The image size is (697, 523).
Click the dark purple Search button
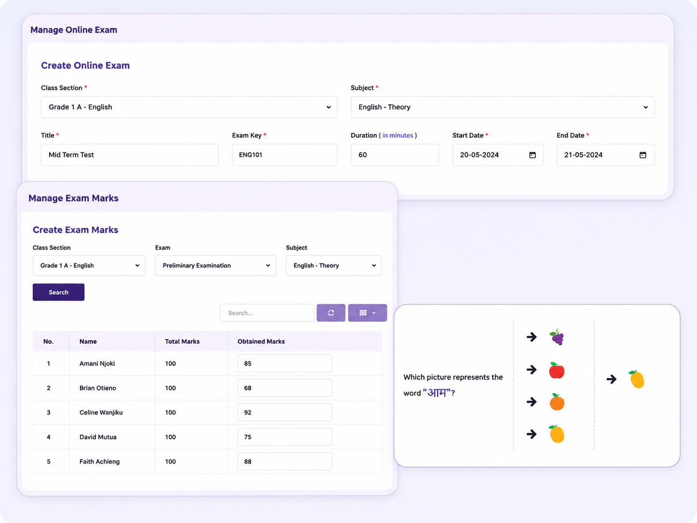coord(58,292)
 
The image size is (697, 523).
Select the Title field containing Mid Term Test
coord(129,155)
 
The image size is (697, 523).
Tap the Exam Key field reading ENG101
coord(284,155)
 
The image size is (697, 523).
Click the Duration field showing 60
coord(394,155)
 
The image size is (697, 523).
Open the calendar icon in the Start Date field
coord(532,155)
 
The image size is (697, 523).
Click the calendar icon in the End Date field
coord(643,155)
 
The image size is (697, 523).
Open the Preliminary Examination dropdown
coord(215,265)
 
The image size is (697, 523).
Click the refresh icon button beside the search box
coord(331,313)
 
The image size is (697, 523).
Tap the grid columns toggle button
coord(367,313)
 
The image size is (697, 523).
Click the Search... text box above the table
coord(267,313)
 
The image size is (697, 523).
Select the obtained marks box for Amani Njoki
coord(284,363)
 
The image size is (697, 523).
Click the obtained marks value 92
coord(248,412)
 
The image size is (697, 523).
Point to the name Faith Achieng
coord(99,461)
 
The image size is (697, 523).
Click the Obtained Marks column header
coord(261,341)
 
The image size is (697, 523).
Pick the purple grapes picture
coord(557,337)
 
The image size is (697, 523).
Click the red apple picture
coord(556,370)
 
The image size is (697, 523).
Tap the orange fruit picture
coord(557,402)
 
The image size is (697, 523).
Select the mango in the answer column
coord(636,379)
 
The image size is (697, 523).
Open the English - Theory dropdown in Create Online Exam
coord(503,107)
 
